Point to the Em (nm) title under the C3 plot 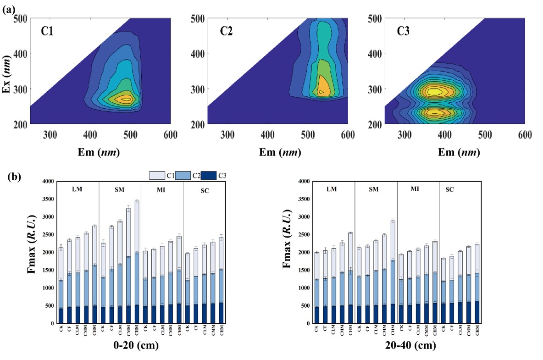454,152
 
